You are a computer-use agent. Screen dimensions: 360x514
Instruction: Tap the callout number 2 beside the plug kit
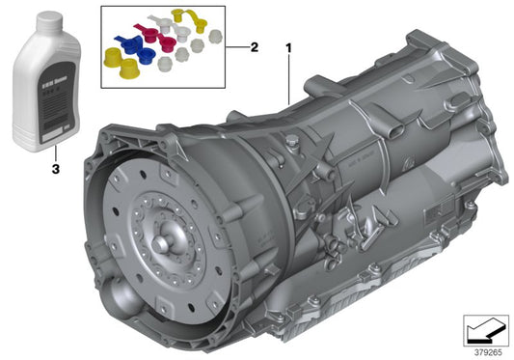[255, 46]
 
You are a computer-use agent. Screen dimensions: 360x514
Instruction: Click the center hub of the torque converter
[165, 235]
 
